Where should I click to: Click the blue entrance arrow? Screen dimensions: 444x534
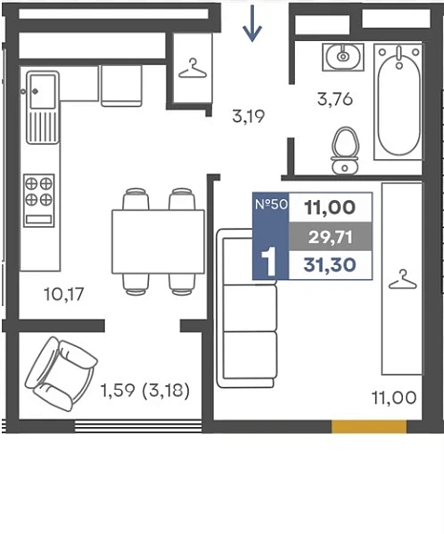[x=252, y=23]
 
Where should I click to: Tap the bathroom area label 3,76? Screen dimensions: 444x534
[x=334, y=99]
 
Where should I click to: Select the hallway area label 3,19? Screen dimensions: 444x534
[x=248, y=116]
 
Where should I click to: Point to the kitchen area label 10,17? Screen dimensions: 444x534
[x=64, y=295]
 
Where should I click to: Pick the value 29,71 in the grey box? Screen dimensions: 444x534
[x=329, y=237]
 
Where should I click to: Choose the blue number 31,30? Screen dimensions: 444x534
[x=329, y=265]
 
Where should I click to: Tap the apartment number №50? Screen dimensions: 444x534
[x=271, y=204]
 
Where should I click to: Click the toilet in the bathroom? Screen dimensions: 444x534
[x=345, y=151]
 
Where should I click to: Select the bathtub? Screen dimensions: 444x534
[x=398, y=101]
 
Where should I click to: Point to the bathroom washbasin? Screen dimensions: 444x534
[x=343, y=57]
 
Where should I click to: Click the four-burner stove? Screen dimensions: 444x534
[x=39, y=200]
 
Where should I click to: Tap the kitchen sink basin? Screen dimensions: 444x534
[x=43, y=92]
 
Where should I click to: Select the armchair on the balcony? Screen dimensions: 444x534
[x=61, y=373]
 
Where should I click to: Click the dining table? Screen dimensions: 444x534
[x=159, y=242]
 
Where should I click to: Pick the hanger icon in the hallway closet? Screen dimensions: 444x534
[x=193, y=69]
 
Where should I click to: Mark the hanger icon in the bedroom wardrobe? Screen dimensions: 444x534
[x=403, y=279]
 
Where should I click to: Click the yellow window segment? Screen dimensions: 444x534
[x=370, y=426]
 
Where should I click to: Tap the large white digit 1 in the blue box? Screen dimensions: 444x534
[x=269, y=262]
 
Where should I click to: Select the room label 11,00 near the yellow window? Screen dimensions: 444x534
[x=393, y=398]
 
